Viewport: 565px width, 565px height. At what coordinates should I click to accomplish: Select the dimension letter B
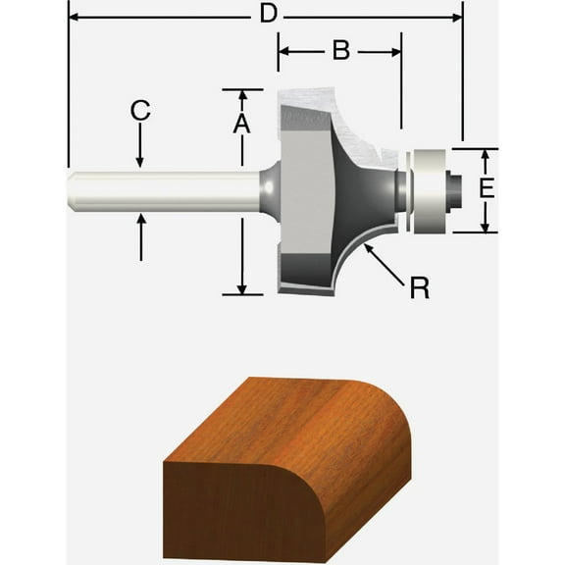[x=340, y=50]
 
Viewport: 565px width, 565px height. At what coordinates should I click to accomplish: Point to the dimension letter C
[x=140, y=110]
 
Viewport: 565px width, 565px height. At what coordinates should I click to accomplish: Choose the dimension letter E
[x=486, y=187]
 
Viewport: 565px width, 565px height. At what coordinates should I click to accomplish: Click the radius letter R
[x=419, y=287]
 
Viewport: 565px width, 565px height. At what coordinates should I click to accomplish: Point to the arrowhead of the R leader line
[x=367, y=248]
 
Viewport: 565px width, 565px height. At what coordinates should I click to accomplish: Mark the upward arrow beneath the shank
[x=140, y=220]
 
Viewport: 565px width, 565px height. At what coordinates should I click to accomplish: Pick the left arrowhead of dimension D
[x=73, y=16]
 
